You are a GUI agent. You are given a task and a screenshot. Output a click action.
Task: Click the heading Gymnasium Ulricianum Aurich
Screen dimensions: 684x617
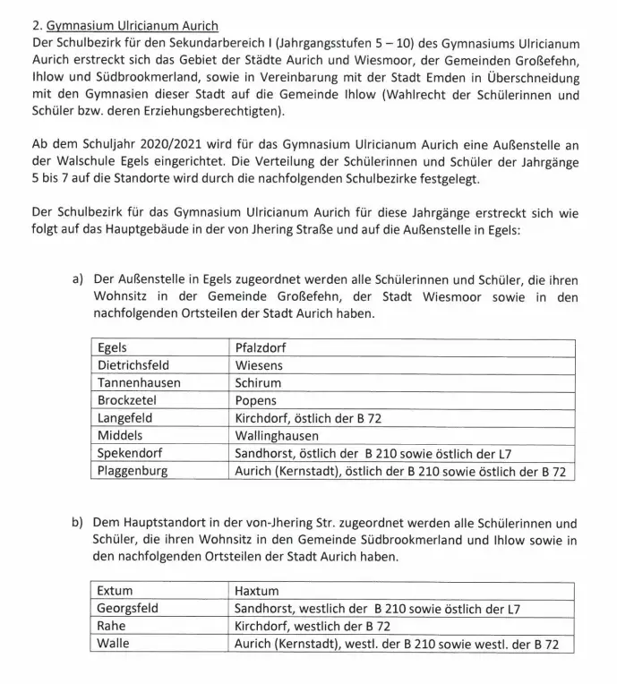[134, 27]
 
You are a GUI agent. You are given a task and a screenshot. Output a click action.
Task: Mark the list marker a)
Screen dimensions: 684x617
[78, 279]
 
